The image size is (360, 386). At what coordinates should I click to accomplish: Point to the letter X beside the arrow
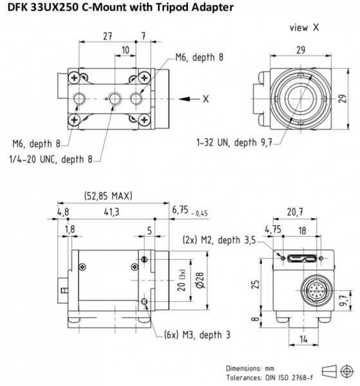point(205,99)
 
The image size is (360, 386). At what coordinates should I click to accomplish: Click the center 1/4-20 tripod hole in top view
point(115,99)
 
